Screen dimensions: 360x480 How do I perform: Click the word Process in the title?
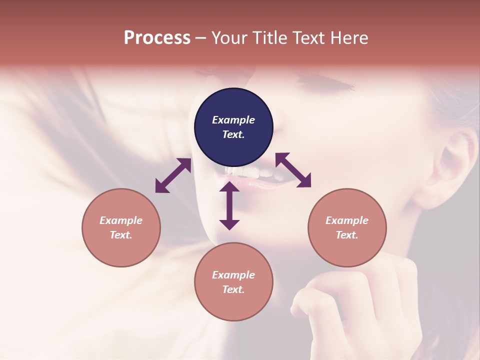coord(157,38)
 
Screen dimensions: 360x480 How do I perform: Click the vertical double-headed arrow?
coord(229,205)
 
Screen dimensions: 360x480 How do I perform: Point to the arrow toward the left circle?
coord(173,175)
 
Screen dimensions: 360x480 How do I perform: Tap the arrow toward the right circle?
coord(293,170)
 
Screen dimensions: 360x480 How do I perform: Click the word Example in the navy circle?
coord(233,120)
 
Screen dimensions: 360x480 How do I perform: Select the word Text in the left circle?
coord(120,235)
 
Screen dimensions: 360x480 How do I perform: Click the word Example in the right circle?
coord(347,220)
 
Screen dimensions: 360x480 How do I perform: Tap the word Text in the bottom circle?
coord(233,289)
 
